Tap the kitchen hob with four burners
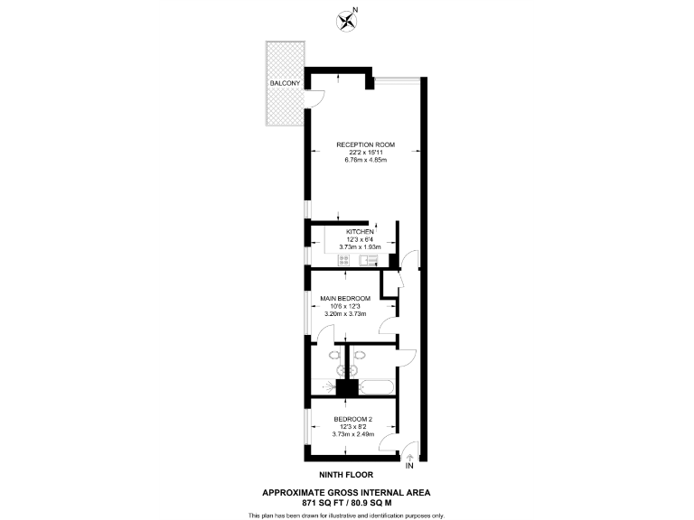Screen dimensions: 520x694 tap(343, 260)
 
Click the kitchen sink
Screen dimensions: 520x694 tap(369, 260)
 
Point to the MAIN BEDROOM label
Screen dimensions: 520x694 tap(346, 299)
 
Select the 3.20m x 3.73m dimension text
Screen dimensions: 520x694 tap(346, 314)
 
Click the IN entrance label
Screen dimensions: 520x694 tap(409, 466)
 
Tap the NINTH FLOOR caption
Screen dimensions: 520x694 tap(346, 474)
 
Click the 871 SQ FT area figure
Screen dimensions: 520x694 tap(316, 502)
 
